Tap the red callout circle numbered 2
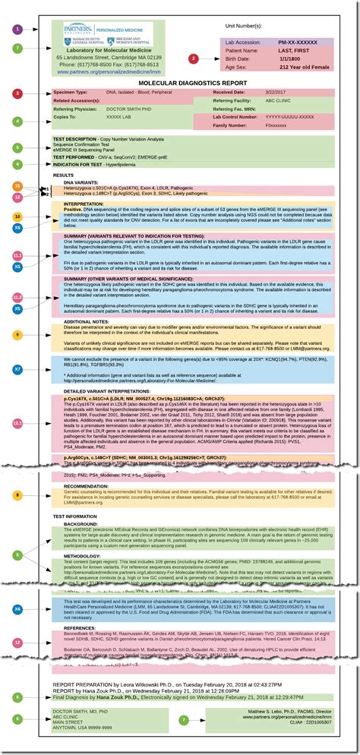[194, 58]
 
